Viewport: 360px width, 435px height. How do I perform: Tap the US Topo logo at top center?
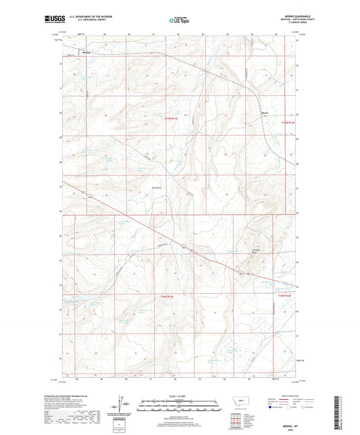179,21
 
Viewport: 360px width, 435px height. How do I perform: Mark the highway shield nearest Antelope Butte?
240,272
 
